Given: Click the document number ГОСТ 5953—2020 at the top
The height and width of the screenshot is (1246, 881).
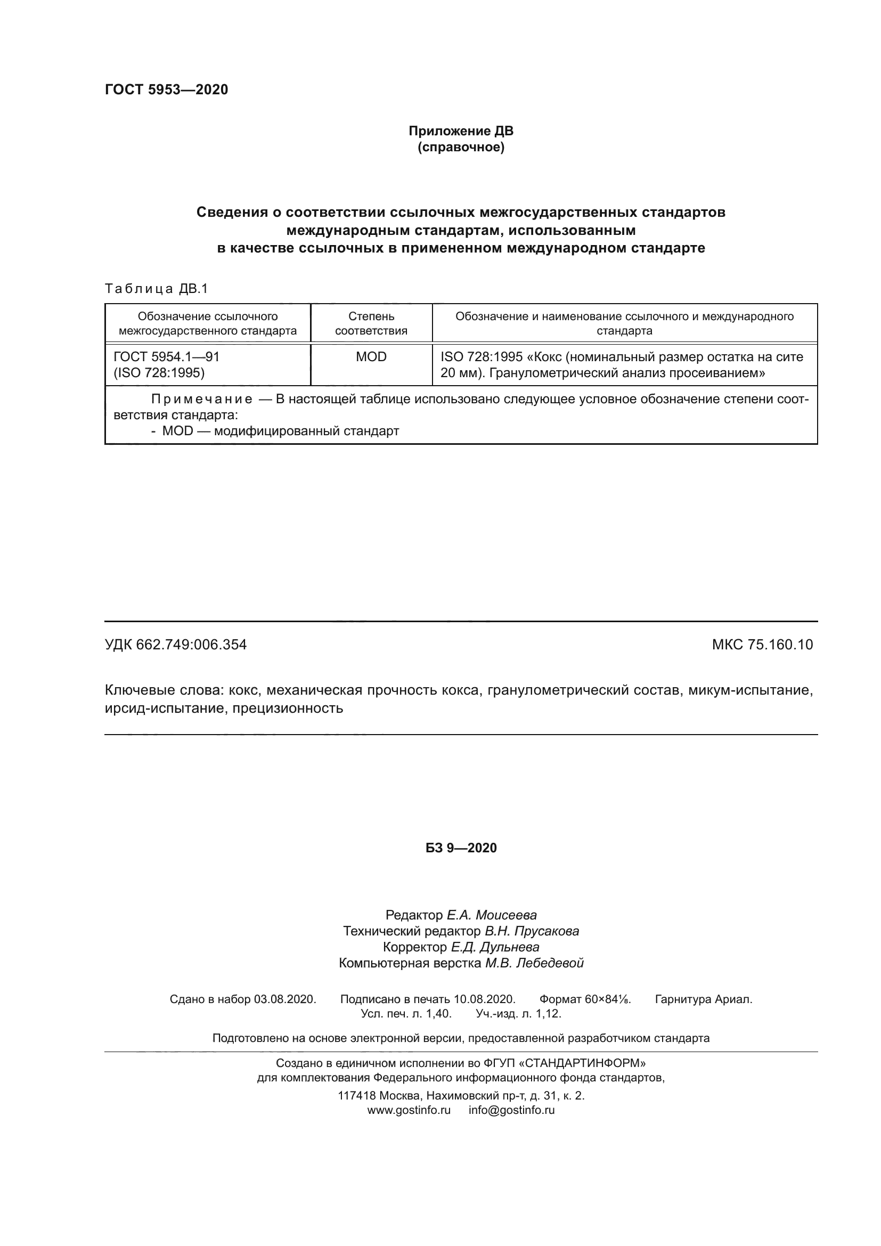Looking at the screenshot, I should [166, 89].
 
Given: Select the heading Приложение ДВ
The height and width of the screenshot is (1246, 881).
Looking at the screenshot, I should [461, 131].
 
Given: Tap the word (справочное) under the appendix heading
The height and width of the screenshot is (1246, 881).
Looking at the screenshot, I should [461, 147].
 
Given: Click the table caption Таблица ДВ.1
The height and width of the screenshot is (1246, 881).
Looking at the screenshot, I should [156, 289].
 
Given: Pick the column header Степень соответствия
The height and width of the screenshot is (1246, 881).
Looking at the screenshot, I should [371, 323].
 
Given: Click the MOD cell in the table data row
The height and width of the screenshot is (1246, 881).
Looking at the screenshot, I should [371, 357].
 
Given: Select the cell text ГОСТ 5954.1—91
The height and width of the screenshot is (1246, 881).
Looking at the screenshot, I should [167, 357].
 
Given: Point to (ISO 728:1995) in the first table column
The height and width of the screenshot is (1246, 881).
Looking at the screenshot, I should [159, 373].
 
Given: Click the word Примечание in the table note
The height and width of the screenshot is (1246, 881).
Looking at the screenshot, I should [202, 400].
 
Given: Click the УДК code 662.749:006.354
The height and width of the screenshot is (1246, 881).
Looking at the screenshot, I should [191, 645].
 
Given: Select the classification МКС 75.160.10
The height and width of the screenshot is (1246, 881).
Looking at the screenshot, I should [762, 645].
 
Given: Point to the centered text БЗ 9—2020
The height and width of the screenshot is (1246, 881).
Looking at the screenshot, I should [461, 848].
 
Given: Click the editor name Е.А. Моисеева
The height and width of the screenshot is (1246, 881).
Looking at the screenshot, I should [492, 915].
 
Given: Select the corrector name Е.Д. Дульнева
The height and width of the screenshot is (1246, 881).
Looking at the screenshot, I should [495, 947].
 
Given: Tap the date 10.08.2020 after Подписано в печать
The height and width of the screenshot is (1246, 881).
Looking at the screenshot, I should [484, 999].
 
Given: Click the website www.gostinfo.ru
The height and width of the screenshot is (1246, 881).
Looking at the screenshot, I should [409, 1110].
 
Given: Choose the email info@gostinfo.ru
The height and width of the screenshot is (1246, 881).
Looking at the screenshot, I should [511, 1110].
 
